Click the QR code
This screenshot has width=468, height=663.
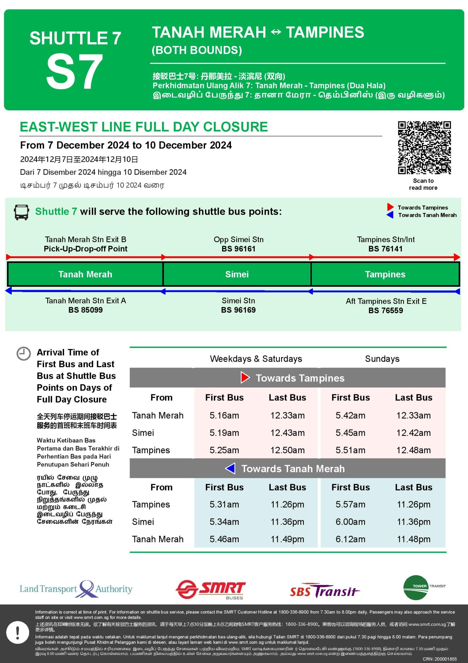424,148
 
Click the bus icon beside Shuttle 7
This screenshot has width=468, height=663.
21,212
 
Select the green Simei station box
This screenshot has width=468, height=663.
237,274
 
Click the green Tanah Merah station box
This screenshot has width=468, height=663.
85,274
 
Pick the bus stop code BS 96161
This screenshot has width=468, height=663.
238,249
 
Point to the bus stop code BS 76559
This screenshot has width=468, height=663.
386,310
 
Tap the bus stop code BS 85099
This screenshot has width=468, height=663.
85,310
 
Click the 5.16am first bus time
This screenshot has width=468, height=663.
224,415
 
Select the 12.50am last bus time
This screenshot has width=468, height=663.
288,450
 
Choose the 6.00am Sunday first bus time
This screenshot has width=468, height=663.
350,522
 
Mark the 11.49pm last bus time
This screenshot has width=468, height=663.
288,539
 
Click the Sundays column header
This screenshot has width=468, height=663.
382,359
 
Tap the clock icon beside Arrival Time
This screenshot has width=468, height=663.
24,354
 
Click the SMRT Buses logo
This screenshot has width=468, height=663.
211,589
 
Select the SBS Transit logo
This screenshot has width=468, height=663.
324,591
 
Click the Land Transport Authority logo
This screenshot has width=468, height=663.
76,589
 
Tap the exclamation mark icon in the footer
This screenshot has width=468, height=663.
17,632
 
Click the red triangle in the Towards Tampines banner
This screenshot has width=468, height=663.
245,377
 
